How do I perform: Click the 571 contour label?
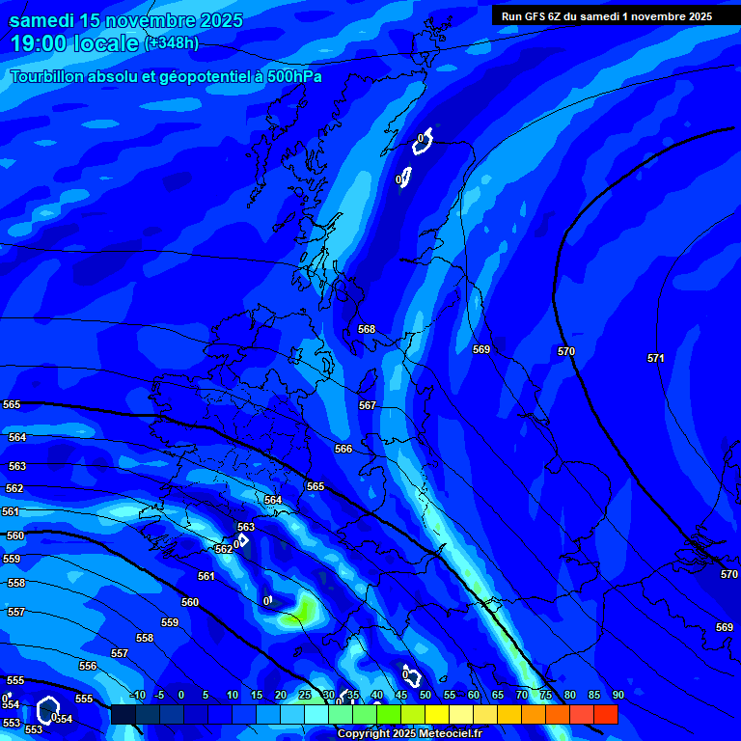pos(656,358)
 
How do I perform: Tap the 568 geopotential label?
pos(367,329)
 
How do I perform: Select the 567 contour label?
pos(368,406)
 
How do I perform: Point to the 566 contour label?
pos(343,449)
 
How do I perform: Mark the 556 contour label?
pos(88,667)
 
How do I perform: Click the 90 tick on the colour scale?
pos(617,695)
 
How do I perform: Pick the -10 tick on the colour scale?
pos(137,695)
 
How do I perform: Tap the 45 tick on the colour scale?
pos(400,695)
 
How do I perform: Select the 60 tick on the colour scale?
pos(473,695)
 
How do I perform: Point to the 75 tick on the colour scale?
pos(545,695)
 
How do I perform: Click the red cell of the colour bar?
pos(605,714)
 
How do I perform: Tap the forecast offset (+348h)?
pos(172,43)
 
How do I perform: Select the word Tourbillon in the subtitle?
pos(47,76)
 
